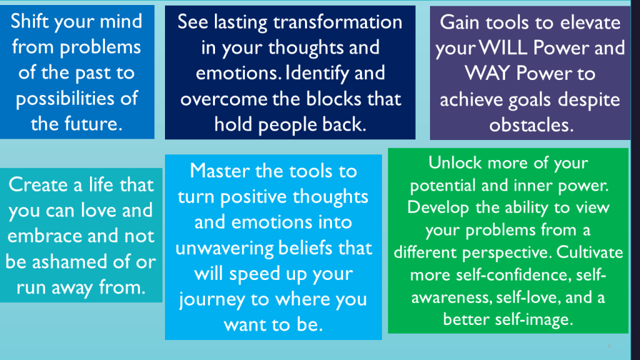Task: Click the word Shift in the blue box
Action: coord(33,21)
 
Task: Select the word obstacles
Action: coord(531,124)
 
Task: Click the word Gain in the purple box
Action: coord(461,22)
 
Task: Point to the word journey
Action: coord(211,299)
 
